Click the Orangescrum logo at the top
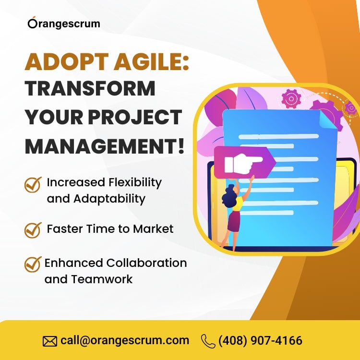(64, 23)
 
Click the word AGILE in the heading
(151, 62)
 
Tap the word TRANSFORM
(90, 89)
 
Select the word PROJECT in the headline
(135, 117)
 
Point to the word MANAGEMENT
(105, 146)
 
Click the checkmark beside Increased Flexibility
(33, 184)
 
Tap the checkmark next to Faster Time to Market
(33, 230)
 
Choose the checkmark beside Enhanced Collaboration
(33, 264)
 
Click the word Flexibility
(135, 183)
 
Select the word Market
(153, 228)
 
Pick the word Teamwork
(102, 279)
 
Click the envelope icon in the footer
(50, 341)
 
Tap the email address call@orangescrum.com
(125, 340)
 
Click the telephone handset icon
(208, 341)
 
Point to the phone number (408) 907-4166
(260, 340)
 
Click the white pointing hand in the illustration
(243, 164)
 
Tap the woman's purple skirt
(234, 221)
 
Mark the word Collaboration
(146, 263)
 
